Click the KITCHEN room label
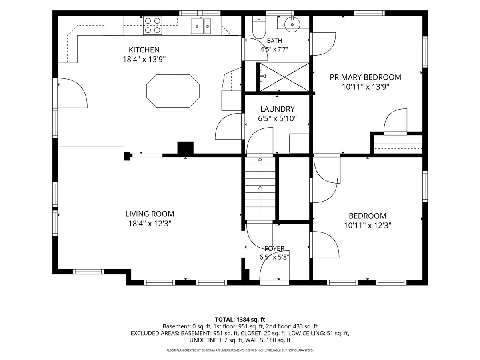click(144, 50)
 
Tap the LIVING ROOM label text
click(150, 214)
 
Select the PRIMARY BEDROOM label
click(366, 77)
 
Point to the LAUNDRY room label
click(277, 109)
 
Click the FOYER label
click(274, 248)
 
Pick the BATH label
click(274, 41)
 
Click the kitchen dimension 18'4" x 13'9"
click(144, 59)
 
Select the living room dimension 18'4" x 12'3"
click(150, 224)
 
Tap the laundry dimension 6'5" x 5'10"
click(277, 118)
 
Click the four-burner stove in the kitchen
click(153, 25)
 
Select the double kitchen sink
click(201, 26)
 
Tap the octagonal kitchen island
click(173, 91)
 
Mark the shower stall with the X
click(284, 77)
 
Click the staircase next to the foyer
click(260, 188)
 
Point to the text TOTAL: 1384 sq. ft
click(240, 320)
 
